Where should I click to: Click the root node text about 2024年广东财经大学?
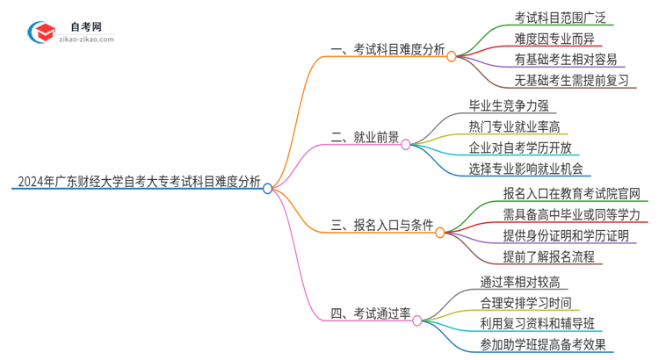pyautogui.click(x=137, y=183)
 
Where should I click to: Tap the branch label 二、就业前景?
pyautogui.click(x=364, y=138)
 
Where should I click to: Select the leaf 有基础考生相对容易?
pyautogui.click(x=567, y=61)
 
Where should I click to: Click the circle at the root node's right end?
pyautogui.click(x=268, y=187)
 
